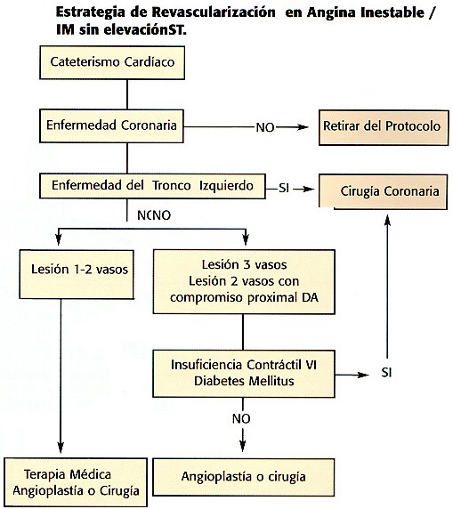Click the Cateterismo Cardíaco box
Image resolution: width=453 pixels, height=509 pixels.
(x=112, y=62)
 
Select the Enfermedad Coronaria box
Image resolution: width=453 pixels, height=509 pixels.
(x=111, y=126)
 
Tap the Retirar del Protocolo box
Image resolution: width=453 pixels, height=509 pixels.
(x=384, y=127)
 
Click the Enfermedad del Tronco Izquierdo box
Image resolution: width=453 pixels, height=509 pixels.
(x=152, y=186)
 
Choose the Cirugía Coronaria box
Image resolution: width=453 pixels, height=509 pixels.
(x=384, y=192)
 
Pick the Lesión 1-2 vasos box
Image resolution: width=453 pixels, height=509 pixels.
(x=77, y=274)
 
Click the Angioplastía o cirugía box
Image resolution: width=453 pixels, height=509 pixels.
(x=244, y=477)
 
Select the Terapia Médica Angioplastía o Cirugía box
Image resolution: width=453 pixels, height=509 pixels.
(x=76, y=482)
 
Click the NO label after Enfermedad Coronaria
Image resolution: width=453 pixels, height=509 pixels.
(x=265, y=127)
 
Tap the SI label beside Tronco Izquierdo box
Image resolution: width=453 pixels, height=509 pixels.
(x=284, y=189)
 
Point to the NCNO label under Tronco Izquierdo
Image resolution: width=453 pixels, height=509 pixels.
(x=154, y=215)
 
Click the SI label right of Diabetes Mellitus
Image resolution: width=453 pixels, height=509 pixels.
(x=386, y=373)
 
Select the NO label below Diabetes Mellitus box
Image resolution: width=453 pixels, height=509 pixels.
(x=241, y=419)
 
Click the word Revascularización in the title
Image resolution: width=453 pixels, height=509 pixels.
(x=214, y=12)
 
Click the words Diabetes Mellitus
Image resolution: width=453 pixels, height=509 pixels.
(x=244, y=381)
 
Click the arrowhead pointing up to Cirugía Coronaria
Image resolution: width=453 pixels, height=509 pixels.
(x=387, y=220)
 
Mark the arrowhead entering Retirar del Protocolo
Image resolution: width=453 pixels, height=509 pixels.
(x=303, y=127)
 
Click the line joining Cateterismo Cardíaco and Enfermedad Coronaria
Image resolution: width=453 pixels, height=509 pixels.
(x=127, y=94)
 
